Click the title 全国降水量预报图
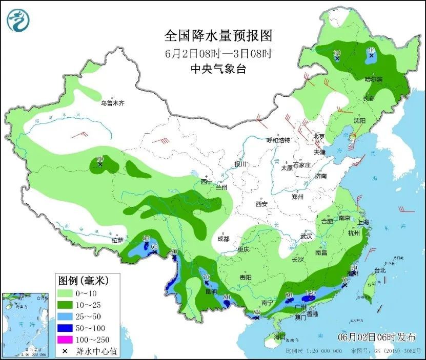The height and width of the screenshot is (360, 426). [x=218, y=36]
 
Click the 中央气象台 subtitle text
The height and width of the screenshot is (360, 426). [x=218, y=69]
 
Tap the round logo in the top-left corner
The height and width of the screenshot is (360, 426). [x=18, y=19]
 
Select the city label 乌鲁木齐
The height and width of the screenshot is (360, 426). [x=112, y=103]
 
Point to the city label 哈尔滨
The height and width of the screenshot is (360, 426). [x=373, y=79]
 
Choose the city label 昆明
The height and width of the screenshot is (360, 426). [x=211, y=291]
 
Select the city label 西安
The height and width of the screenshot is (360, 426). [x=261, y=204]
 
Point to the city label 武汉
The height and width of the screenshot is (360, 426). [x=306, y=236]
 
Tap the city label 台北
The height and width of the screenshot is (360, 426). [x=379, y=270]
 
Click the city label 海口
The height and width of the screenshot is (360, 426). [x=279, y=336]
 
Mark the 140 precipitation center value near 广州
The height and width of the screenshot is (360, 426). [x=310, y=293]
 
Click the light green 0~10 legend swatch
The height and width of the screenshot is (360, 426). [x=65, y=293]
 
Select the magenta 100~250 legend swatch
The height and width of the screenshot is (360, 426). [x=65, y=340]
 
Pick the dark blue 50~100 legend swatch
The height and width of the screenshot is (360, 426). [x=65, y=328]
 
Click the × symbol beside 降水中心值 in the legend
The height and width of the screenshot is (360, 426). [x=65, y=351]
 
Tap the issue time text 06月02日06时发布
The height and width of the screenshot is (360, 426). [x=377, y=337]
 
